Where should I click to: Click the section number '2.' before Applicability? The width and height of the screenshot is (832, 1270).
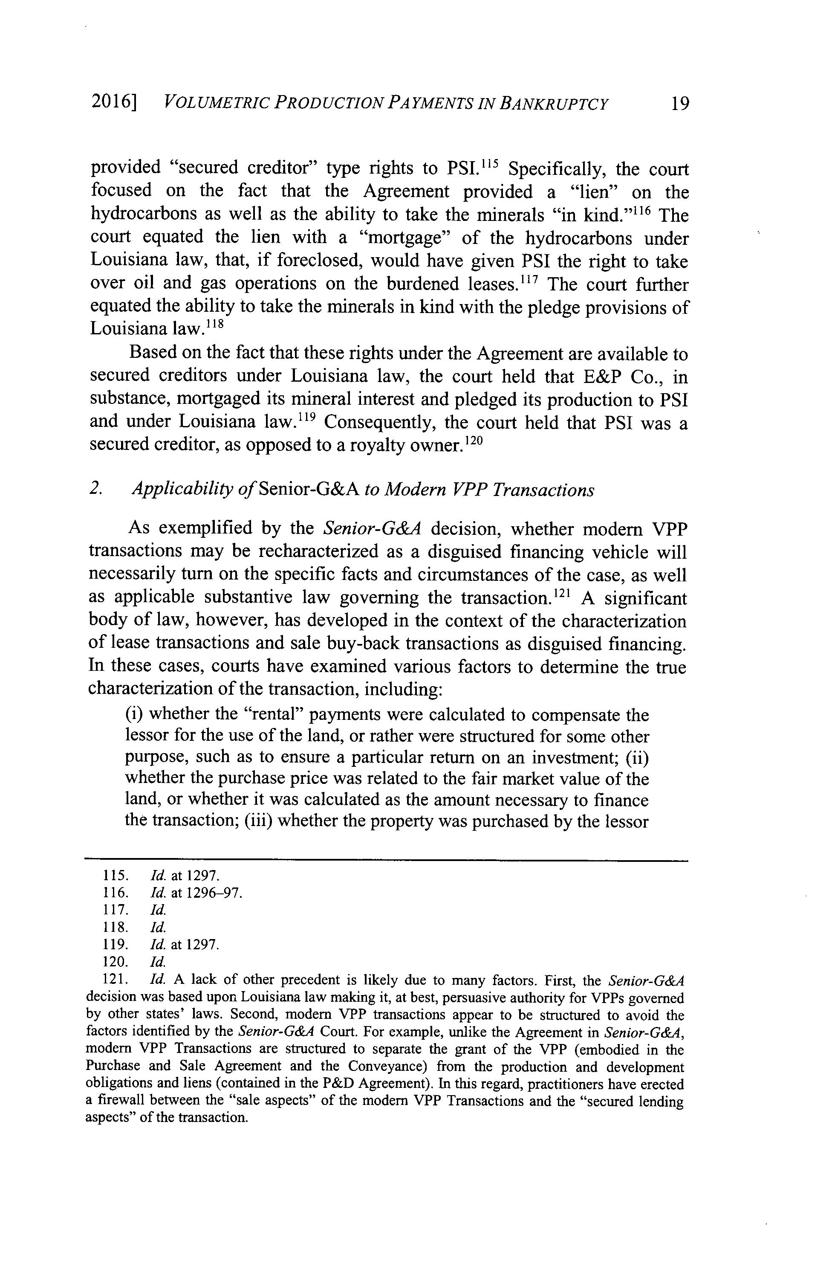point(96,489)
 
